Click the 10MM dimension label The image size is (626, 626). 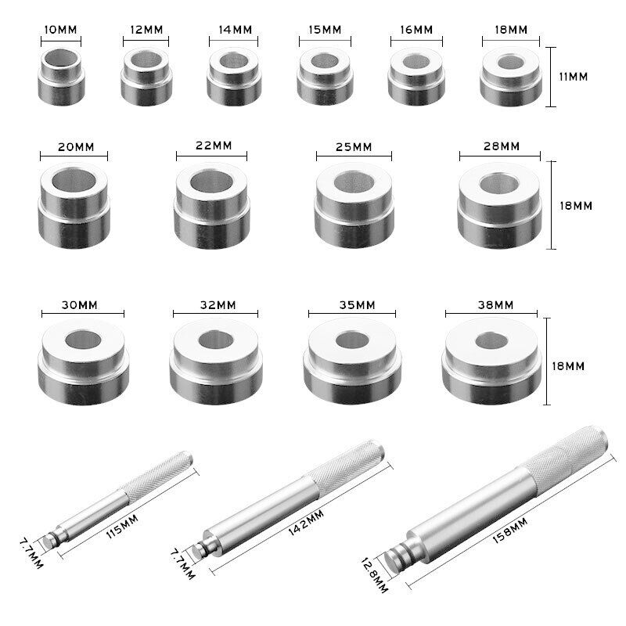point(60,30)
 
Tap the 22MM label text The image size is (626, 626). point(214,146)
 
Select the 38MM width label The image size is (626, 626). point(495,305)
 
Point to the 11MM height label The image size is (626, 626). point(574,77)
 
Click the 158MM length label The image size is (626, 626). point(510,531)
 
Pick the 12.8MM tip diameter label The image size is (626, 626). point(374,575)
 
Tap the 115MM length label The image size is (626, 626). point(122,526)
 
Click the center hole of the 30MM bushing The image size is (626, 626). point(83,340)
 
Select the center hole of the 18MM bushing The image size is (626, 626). point(511,62)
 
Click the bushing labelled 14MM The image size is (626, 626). point(234,76)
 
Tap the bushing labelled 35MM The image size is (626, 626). point(353,361)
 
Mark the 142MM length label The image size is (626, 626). point(306,522)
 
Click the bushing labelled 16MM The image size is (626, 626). point(416,76)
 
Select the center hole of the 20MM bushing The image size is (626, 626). point(74,180)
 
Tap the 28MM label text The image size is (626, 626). point(502,146)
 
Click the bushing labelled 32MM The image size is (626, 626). point(216,362)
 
